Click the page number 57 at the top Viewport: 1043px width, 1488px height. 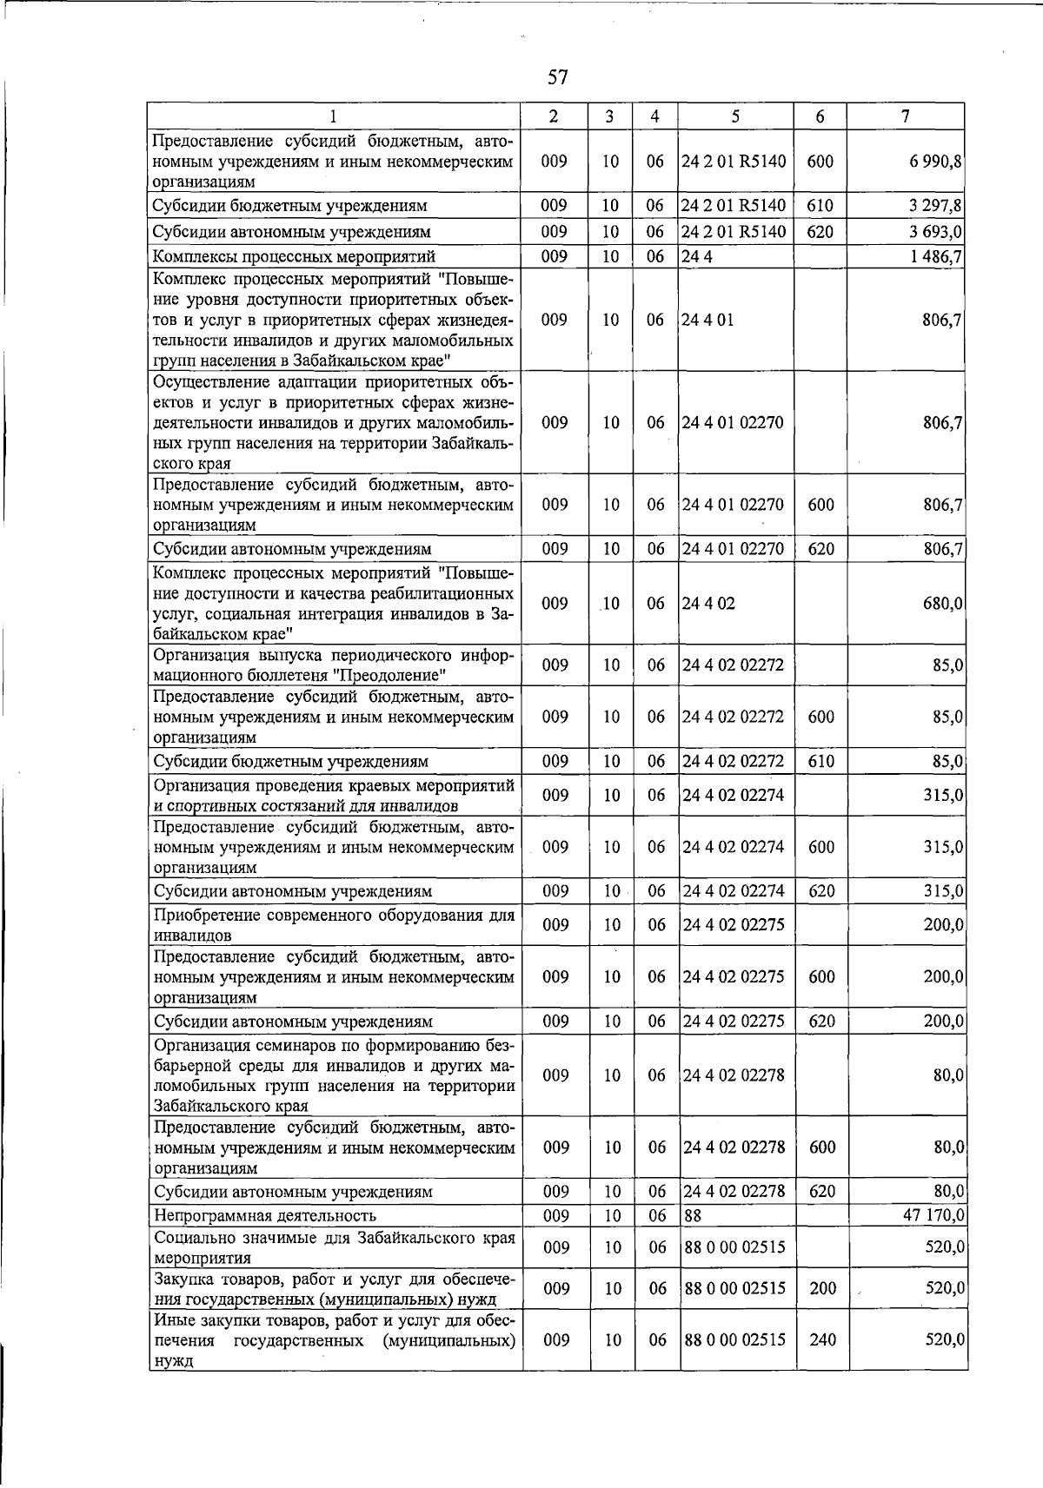(x=557, y=77)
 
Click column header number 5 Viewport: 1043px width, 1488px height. (x=735, y=116)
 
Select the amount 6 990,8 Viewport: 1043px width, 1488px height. (x=932, y=162)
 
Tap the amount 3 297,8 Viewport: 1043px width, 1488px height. (x=932, y=206)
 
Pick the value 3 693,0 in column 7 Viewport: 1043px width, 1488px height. (x=932, y=232)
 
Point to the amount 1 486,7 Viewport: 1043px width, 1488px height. (x=932, y=256)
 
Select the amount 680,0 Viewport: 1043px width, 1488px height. (x=942, y=603)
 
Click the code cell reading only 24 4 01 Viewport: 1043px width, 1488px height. (x=708, y=320)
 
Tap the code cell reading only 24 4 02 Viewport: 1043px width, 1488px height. (x=708, y=603)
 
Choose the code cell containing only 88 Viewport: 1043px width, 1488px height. (x=693, y=1215)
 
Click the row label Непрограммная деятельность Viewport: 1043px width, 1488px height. (x=265, y=1215)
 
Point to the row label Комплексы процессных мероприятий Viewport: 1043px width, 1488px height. (x=294, y=256)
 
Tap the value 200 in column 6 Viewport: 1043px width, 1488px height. (x=822, y=1288)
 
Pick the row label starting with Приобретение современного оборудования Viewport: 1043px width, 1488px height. (x=334, y=924)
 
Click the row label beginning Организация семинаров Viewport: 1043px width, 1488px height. (x=334, y=1075)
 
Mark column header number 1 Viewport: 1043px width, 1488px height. (x=333, y=116)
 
